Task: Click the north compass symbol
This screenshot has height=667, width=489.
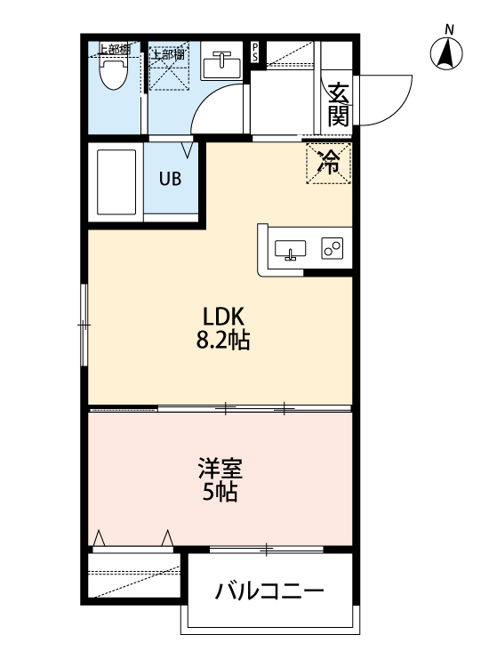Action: pos(446,54)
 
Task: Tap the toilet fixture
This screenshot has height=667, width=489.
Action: pos(112,73)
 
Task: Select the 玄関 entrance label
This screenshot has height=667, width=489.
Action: pos(339,105)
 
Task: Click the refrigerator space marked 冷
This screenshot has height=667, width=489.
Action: pos(329,162)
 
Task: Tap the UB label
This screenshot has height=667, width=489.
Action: pos(170,178)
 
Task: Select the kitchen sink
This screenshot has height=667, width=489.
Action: pos(291,250)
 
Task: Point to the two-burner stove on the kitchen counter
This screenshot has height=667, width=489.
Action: pos(332,250)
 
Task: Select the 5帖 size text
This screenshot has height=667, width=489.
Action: pos(220,493)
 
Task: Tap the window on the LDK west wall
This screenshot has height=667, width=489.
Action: pos(84,325)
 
